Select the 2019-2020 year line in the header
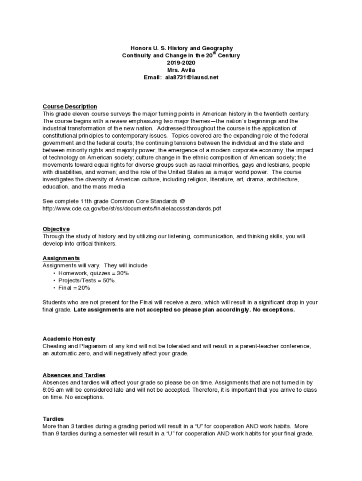tap(181, 63)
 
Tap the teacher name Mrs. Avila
tap(181, 70)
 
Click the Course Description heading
tap(70, 107)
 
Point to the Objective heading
tap(56, 229)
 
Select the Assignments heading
tap(61, 258)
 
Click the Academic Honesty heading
tap(69, 339)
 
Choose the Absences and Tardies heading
tap(74, 375)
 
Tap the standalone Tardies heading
tap(53, 419)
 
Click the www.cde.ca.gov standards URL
tap(132, 208)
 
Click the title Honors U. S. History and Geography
tap(181, 48)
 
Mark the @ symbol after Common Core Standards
tap(175, 201)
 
